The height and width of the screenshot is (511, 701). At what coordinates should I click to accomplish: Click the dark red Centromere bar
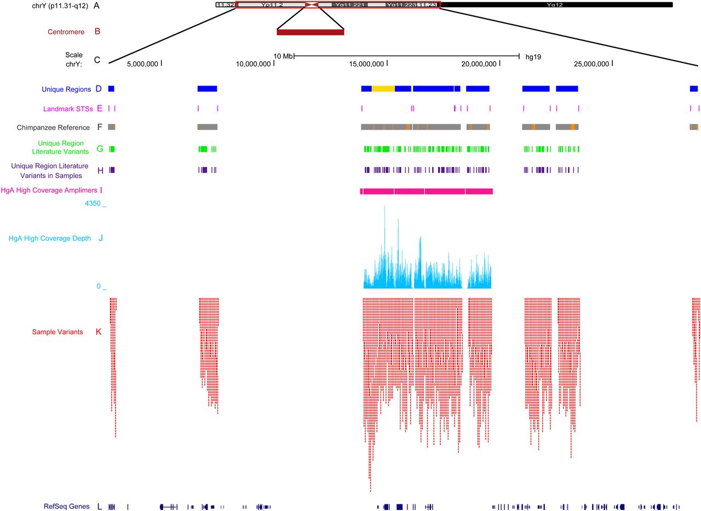[310, 32]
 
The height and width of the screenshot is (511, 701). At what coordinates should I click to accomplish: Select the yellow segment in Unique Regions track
[383, 88]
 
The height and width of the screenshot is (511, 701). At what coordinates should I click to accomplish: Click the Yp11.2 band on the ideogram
[271, 5]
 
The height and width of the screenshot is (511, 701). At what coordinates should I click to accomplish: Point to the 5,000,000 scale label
[143, 64]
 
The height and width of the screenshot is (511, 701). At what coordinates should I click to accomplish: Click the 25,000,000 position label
[591, 64]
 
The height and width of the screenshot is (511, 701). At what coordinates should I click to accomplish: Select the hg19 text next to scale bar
[533, 56]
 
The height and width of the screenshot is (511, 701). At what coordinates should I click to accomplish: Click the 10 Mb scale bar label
[283, 56]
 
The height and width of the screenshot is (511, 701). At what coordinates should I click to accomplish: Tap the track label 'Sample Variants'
[58, 332]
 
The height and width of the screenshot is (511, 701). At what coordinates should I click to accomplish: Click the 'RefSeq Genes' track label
[66, 507]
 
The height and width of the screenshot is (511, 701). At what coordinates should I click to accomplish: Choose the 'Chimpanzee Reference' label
[54, 128]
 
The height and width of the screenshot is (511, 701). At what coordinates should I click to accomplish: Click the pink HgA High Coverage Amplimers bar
[427, 191]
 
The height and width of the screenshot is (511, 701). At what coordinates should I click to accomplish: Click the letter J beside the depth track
[100, 238]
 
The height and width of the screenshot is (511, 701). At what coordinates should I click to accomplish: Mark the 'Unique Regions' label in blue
[66, 89]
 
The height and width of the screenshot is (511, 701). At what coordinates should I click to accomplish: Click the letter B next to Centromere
[97, 32]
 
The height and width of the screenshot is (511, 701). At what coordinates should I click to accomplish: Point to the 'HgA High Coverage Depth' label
[48, 239]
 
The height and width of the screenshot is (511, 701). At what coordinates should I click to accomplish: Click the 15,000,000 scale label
[366, 64]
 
